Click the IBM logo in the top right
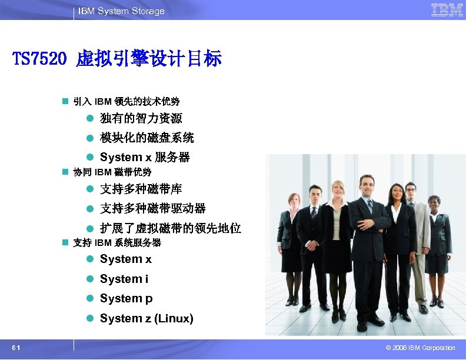click(x=447, y=10)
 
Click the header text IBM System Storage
click(x=121, y=11)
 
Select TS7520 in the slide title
click(x=39, y=59)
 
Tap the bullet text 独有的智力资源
click(x=141, y=119)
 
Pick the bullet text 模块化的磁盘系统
click(x=147, y=138)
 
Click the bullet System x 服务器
click(x=145, y=158)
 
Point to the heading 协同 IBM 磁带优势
click(x=112, y=172)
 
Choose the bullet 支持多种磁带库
click(x=141, y=189)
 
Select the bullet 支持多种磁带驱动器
click(x=152, y=208)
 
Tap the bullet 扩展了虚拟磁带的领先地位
click(x=170, y=228)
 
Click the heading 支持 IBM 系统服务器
click(x=116, y=243)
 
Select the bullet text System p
click(x=126, y=298)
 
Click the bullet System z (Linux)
click(x=146, y=318)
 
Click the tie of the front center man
click(x=369, y=208)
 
